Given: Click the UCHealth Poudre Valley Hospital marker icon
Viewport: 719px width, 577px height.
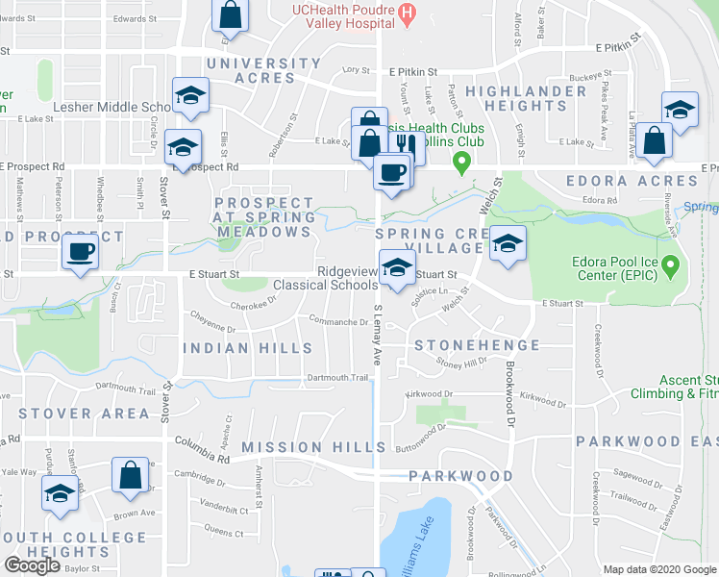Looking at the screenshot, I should [x=408, y=13].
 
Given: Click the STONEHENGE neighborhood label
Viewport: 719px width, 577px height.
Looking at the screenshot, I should [x=476, y=345].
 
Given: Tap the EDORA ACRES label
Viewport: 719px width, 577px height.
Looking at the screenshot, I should [x=631, y=181].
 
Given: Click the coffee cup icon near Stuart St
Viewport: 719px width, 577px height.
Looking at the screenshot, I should [x=80, y=252].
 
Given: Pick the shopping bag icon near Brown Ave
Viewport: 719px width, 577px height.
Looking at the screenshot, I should [x=130, y=474].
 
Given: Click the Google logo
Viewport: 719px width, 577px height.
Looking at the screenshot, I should [x=33, y=565].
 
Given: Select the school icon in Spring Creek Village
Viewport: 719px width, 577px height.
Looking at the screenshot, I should [x=507, y=242].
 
